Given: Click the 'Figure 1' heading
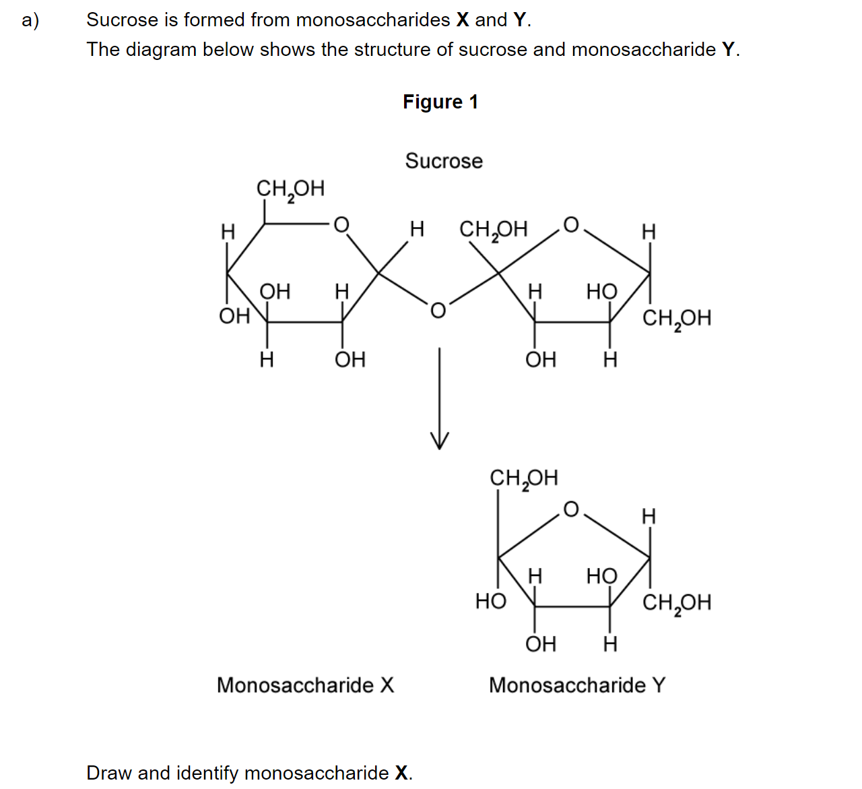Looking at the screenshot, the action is point(440,102).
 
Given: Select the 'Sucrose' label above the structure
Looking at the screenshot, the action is point(444,161).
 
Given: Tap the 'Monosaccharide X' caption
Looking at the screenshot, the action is point(305,685).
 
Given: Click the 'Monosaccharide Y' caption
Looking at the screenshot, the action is point(577,685).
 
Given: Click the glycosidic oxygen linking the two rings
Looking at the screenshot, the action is point(438,310).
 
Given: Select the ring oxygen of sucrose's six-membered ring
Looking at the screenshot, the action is point(341,224).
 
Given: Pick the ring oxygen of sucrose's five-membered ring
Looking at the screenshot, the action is point(571,224).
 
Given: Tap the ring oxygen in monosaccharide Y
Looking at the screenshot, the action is point(571,509).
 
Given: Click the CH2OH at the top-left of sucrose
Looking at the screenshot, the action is point(290,189).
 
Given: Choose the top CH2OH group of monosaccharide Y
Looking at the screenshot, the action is point(524,478).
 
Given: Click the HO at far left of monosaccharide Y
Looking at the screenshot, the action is point(491,600).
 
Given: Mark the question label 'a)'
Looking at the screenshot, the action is point(30,20).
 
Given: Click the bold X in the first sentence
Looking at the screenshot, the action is point(463,20).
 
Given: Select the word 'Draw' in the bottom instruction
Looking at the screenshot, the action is point(109,773).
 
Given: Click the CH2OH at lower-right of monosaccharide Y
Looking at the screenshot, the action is point(677,603).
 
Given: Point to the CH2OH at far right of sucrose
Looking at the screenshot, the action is point(677,319).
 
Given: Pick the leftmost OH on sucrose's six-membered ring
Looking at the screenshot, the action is point(234,316).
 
